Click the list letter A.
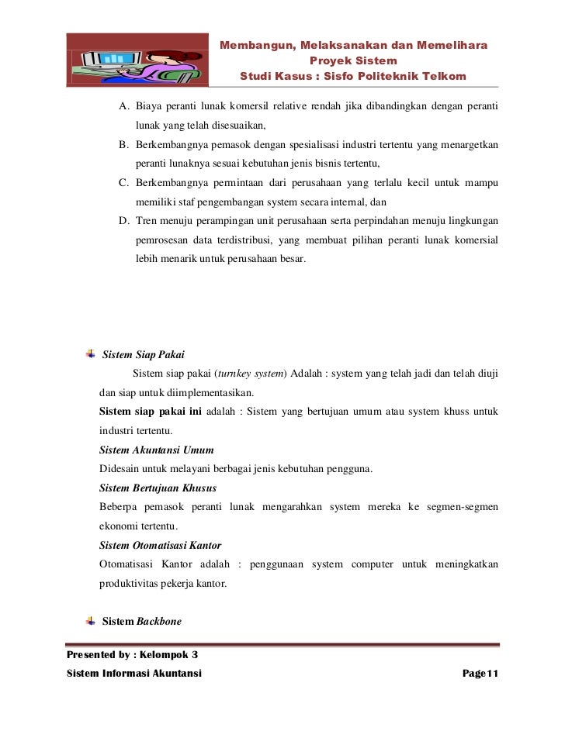123,105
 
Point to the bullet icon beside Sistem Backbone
91,621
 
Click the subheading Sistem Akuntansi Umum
157,450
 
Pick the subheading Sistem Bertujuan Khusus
158,488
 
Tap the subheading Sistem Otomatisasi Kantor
161,545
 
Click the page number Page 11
479,674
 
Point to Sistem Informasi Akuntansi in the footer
134,674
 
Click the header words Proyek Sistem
353,60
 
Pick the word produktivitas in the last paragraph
133,583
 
